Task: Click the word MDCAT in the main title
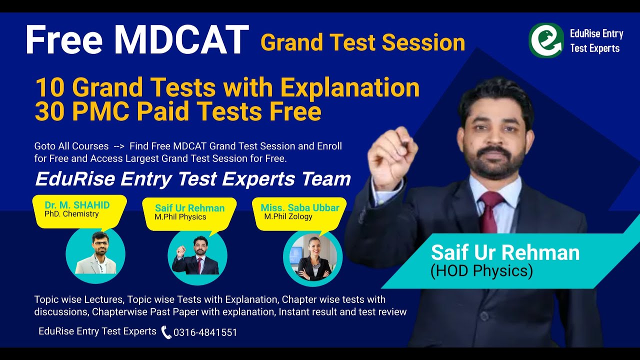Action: (180, 40)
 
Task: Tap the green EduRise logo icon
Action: (546, 40)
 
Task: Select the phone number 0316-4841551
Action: (205, 332)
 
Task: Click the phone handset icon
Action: (166, 332)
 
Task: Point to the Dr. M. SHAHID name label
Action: (77, 205)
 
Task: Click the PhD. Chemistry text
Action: (71, 214)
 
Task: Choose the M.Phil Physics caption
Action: (180, 217)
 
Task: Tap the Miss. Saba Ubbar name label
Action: (300, 207)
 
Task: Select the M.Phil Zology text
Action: (288, 216)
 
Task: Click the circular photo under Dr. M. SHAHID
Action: (95, 255)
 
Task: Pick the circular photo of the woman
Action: (312, 258)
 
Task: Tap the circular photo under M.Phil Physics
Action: (197, 256)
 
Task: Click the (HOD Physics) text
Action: (481, 271)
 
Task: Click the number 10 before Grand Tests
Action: (49, 88)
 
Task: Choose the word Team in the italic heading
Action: (328, 178)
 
